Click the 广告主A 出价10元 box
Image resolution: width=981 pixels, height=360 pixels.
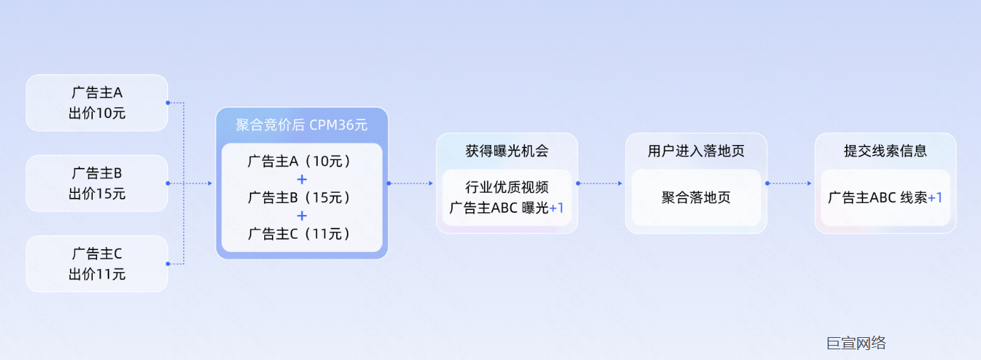tap(97, 103)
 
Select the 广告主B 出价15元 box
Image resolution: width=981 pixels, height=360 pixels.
tap(97, 184)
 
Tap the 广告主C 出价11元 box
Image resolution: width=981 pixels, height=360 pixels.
tap(97, 264)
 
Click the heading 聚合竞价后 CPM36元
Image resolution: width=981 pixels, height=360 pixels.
tap(301, 125)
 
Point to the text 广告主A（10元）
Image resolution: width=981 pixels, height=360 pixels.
tap(301, 161)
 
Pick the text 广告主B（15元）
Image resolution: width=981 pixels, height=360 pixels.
tap(301, 197)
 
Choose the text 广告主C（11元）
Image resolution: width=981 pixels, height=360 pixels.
tap(301, 234)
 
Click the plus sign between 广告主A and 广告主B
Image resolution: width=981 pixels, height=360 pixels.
tap(301, 179)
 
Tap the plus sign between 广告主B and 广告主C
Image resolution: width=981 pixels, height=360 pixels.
tap(301, 215)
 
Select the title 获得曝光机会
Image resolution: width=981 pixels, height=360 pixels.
tap(507, 151)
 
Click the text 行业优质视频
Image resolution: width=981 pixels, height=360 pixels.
tap(507, 188)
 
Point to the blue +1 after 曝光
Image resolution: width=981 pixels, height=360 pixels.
tap(557, 208)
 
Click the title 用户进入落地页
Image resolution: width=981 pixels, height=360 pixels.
tap(696, 151)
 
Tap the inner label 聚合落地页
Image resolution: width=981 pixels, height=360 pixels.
tap(696, 198)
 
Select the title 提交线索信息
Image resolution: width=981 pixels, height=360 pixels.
tap(885, 151)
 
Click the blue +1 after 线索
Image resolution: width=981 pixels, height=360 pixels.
tap(935, 198)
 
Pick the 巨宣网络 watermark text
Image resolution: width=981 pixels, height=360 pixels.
tap(856, 343)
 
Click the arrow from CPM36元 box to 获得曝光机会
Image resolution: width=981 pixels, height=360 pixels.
tap(411, 184)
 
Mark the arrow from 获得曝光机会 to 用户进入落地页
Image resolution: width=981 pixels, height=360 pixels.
tap(601, 184)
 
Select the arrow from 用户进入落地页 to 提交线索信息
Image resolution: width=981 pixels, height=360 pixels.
tap(790, 184)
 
